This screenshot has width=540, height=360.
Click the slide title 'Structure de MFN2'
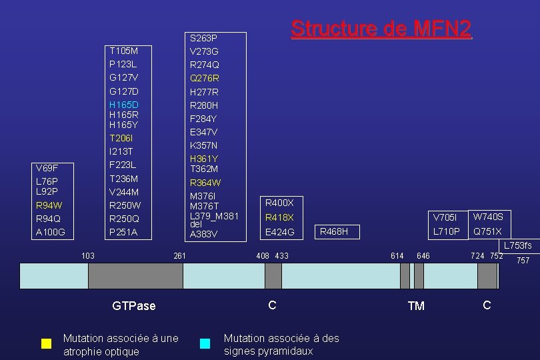pos(381,29)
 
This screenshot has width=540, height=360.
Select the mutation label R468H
pos(334,232)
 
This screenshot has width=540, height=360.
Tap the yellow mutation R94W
pos(49,205)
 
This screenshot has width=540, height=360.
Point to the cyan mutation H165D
pos(124,105)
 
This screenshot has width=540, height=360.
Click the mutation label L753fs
pos(517,246)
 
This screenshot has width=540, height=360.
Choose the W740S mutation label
pos(488,217)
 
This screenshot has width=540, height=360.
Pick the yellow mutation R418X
pos(279,218)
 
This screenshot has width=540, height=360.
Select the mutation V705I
pos(445,218)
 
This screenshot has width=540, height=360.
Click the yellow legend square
pos(46,344)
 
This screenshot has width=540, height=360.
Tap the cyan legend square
pos(205,344)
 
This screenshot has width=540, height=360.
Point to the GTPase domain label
pos(133,306)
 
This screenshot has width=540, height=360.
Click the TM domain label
pos(415,306)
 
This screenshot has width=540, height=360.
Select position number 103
pos(87,255)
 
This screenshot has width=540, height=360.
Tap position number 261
pos(179,255)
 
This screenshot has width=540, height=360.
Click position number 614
pos(397,255)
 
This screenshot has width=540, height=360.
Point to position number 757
pos(523,261)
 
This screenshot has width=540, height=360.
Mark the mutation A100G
pos(50,233)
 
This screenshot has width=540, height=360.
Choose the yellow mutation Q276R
pos(204,78)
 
